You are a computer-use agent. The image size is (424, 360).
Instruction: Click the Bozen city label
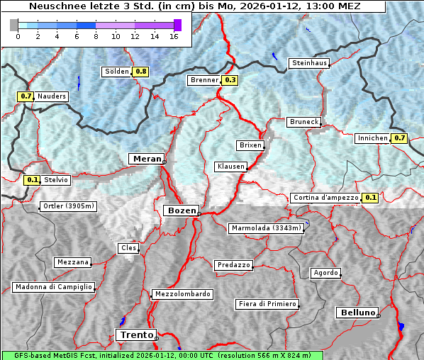[x=181, y=210]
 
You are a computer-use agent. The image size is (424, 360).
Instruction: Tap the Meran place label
[x=145, y=158]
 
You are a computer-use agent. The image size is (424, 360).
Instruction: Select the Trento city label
[x=135, y=334]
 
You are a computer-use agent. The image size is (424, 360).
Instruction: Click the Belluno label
[x=357, y=312]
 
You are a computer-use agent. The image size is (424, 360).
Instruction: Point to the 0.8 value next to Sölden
[x=141, y=72]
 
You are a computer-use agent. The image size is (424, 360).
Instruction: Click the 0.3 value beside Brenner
[x=230, y=80]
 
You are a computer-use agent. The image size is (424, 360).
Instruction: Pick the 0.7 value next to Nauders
[x=26, y=96]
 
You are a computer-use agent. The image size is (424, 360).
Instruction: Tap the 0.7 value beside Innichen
[x=400, y=138]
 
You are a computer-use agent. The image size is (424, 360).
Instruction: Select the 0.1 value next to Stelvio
[x=31, y=180]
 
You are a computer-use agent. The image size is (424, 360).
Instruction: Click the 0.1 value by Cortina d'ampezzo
[x=370, y=198]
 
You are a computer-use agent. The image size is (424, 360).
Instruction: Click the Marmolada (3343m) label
[x=267, y=228]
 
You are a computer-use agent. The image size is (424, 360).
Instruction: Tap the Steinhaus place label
[x=309, y=64]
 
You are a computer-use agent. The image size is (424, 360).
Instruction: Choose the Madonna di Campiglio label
[x=53, y=287]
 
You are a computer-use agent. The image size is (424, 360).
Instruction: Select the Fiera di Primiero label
[x=267, y=304]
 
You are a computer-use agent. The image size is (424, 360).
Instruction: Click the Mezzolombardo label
[x=182, y=293]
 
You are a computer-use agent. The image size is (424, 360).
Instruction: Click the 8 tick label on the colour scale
[x=96, y=36]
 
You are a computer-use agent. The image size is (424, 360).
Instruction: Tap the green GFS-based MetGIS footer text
[x=162, y=355]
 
